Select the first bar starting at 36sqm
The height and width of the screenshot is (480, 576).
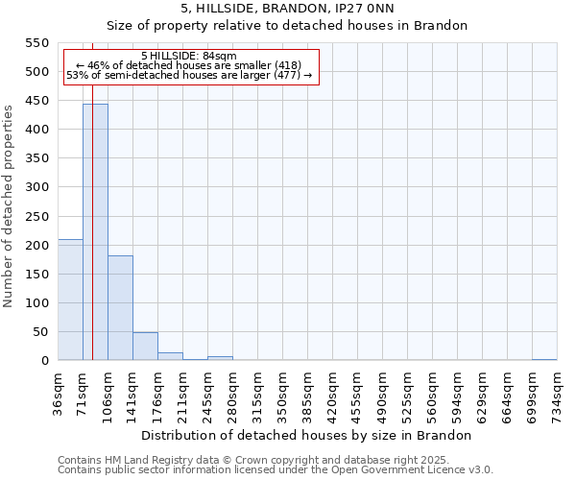[x=70, y=300]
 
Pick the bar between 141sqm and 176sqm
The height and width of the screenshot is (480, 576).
[x=145, y=347]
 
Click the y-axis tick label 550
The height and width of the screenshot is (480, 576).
[x=36, y=43]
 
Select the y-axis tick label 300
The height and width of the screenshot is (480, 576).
[x=36, y=187]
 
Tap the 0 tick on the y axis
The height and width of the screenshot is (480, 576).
[x=44, y=361]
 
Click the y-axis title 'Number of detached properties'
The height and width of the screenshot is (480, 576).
[x=10, y=206]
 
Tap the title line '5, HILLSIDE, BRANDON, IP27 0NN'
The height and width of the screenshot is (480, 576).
[x=286, y=9]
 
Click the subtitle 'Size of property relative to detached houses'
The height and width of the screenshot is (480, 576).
[x=286, y=26]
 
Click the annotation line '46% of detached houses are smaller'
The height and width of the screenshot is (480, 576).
[x=188, y=65]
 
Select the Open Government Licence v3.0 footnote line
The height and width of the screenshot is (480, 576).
[x=276, y=470]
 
